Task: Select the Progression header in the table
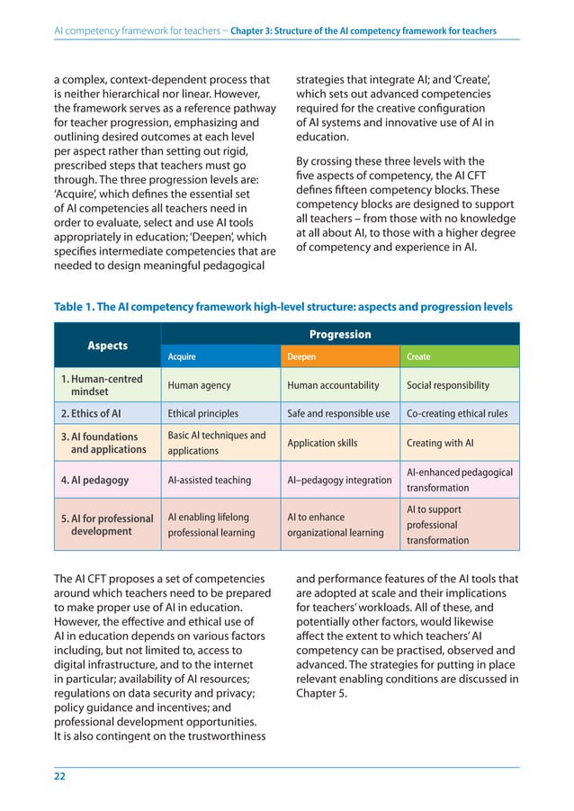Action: coord(339,334)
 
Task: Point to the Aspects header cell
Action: coord(107,346)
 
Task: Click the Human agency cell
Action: coord(199,385)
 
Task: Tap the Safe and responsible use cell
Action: coord(337,414)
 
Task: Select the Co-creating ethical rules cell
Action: coord(457,414)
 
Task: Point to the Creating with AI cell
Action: coord(440,443)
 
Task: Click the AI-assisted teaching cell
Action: coord(209,480)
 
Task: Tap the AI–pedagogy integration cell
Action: coord(339,480)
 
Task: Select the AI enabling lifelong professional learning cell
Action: coord(211,525)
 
